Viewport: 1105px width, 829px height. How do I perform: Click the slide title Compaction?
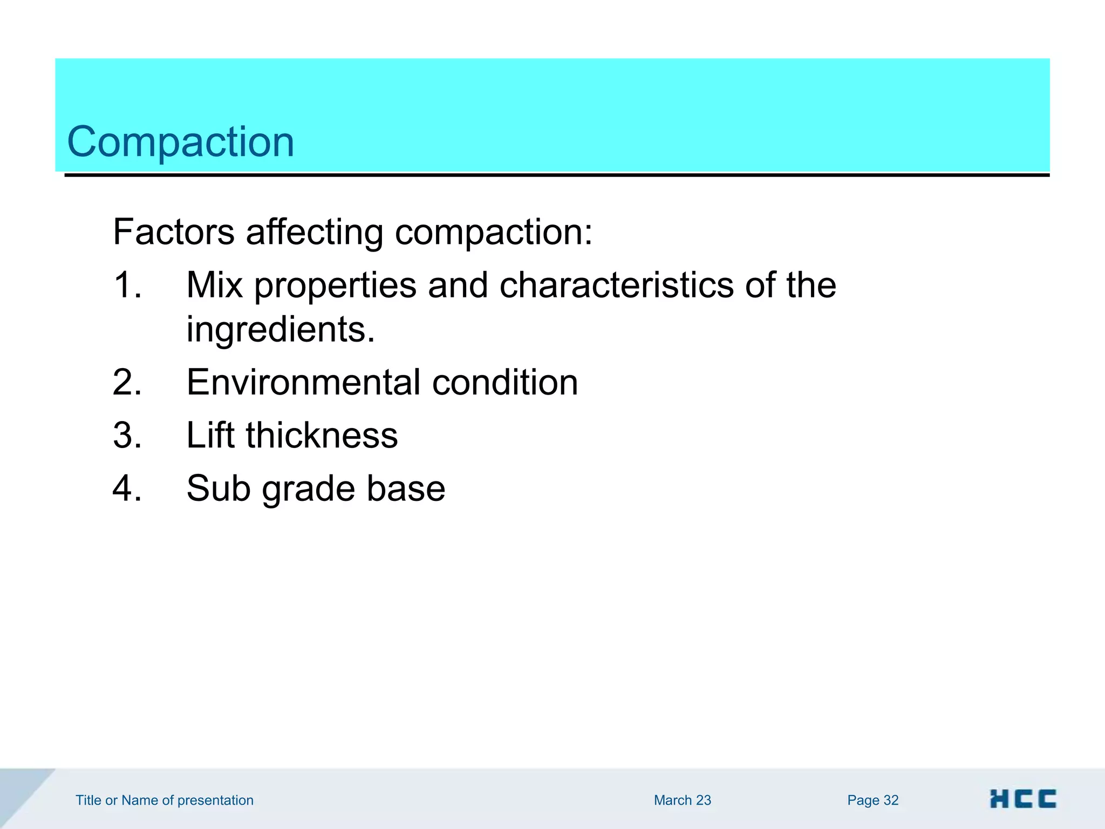click(x=180, y=142)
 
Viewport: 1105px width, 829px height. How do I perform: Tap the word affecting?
click(x=314, y=232)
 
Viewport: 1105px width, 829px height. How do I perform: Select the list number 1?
click(x=127, y=285)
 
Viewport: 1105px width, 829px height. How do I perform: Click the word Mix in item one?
click(x=214, y=285)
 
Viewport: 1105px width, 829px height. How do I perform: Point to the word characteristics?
click(x=616, y=285)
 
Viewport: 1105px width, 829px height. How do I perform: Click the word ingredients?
click(x=280, y=329)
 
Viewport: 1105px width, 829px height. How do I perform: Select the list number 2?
click(x=127, y=382)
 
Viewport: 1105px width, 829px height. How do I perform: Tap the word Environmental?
click(x=303, y=382)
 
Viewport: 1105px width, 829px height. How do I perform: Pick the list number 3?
click(x=127, y=435)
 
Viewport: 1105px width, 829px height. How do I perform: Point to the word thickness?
click(x=322, y=435)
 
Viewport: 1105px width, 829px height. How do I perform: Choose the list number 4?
click(x=127, y=488)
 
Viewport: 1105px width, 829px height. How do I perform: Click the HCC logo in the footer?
click(x=1022, y=799)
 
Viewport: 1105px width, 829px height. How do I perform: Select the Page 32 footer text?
click(x=872, y=800)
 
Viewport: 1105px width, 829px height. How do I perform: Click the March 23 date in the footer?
click(x=682, y=800)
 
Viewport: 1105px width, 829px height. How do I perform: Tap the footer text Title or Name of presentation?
click(x=164, y=800)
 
